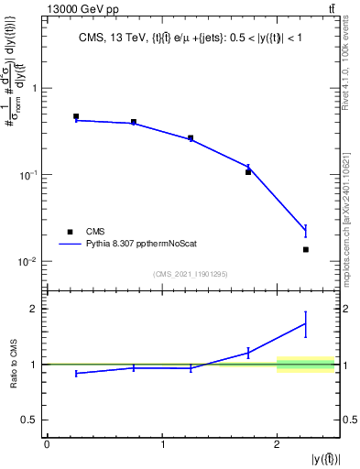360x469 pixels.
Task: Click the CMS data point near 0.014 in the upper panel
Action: (306, 249)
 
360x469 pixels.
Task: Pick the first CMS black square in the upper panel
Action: (76, 117)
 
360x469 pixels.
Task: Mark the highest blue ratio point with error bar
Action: (306, 323)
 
